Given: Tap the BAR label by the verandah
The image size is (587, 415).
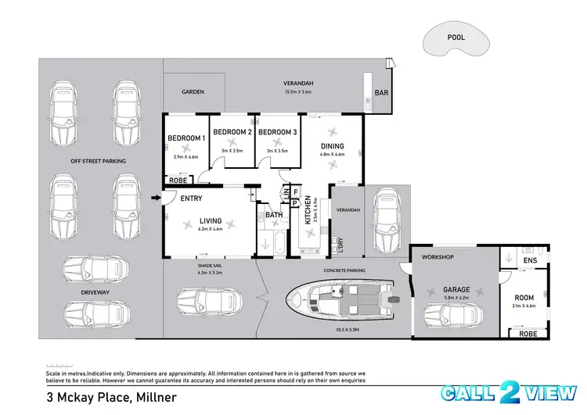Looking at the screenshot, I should [x=383, y=92].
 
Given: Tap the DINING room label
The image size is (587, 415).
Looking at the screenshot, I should [x=333, y=145].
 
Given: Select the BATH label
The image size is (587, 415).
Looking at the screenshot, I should [x=274, y=214].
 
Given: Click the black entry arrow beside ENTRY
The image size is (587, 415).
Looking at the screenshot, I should [x=154, y=198].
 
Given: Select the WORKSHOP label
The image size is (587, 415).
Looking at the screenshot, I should [x=439, y=257].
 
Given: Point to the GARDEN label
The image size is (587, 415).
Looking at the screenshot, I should [x=193, y=92].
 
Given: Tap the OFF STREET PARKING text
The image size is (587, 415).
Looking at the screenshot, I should [x=99, y=161].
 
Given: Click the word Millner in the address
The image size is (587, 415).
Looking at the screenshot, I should [x=155, y=396].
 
